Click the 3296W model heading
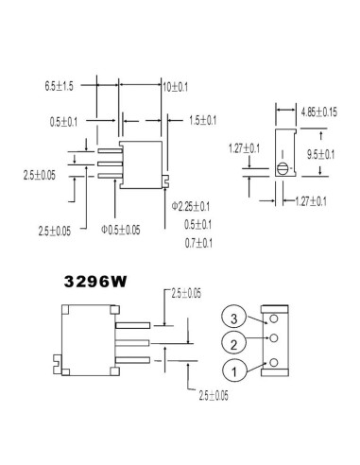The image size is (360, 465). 95,282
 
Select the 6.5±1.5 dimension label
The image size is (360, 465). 59,86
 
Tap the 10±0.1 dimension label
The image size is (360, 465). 176,87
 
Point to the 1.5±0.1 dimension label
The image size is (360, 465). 202,120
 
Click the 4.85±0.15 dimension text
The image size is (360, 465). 319,112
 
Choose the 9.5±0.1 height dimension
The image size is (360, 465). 321,154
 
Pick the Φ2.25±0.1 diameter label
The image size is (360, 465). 191,206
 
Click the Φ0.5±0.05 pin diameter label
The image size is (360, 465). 121,230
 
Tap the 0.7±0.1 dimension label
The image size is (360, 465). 198,243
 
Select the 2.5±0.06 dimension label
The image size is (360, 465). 186,293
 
